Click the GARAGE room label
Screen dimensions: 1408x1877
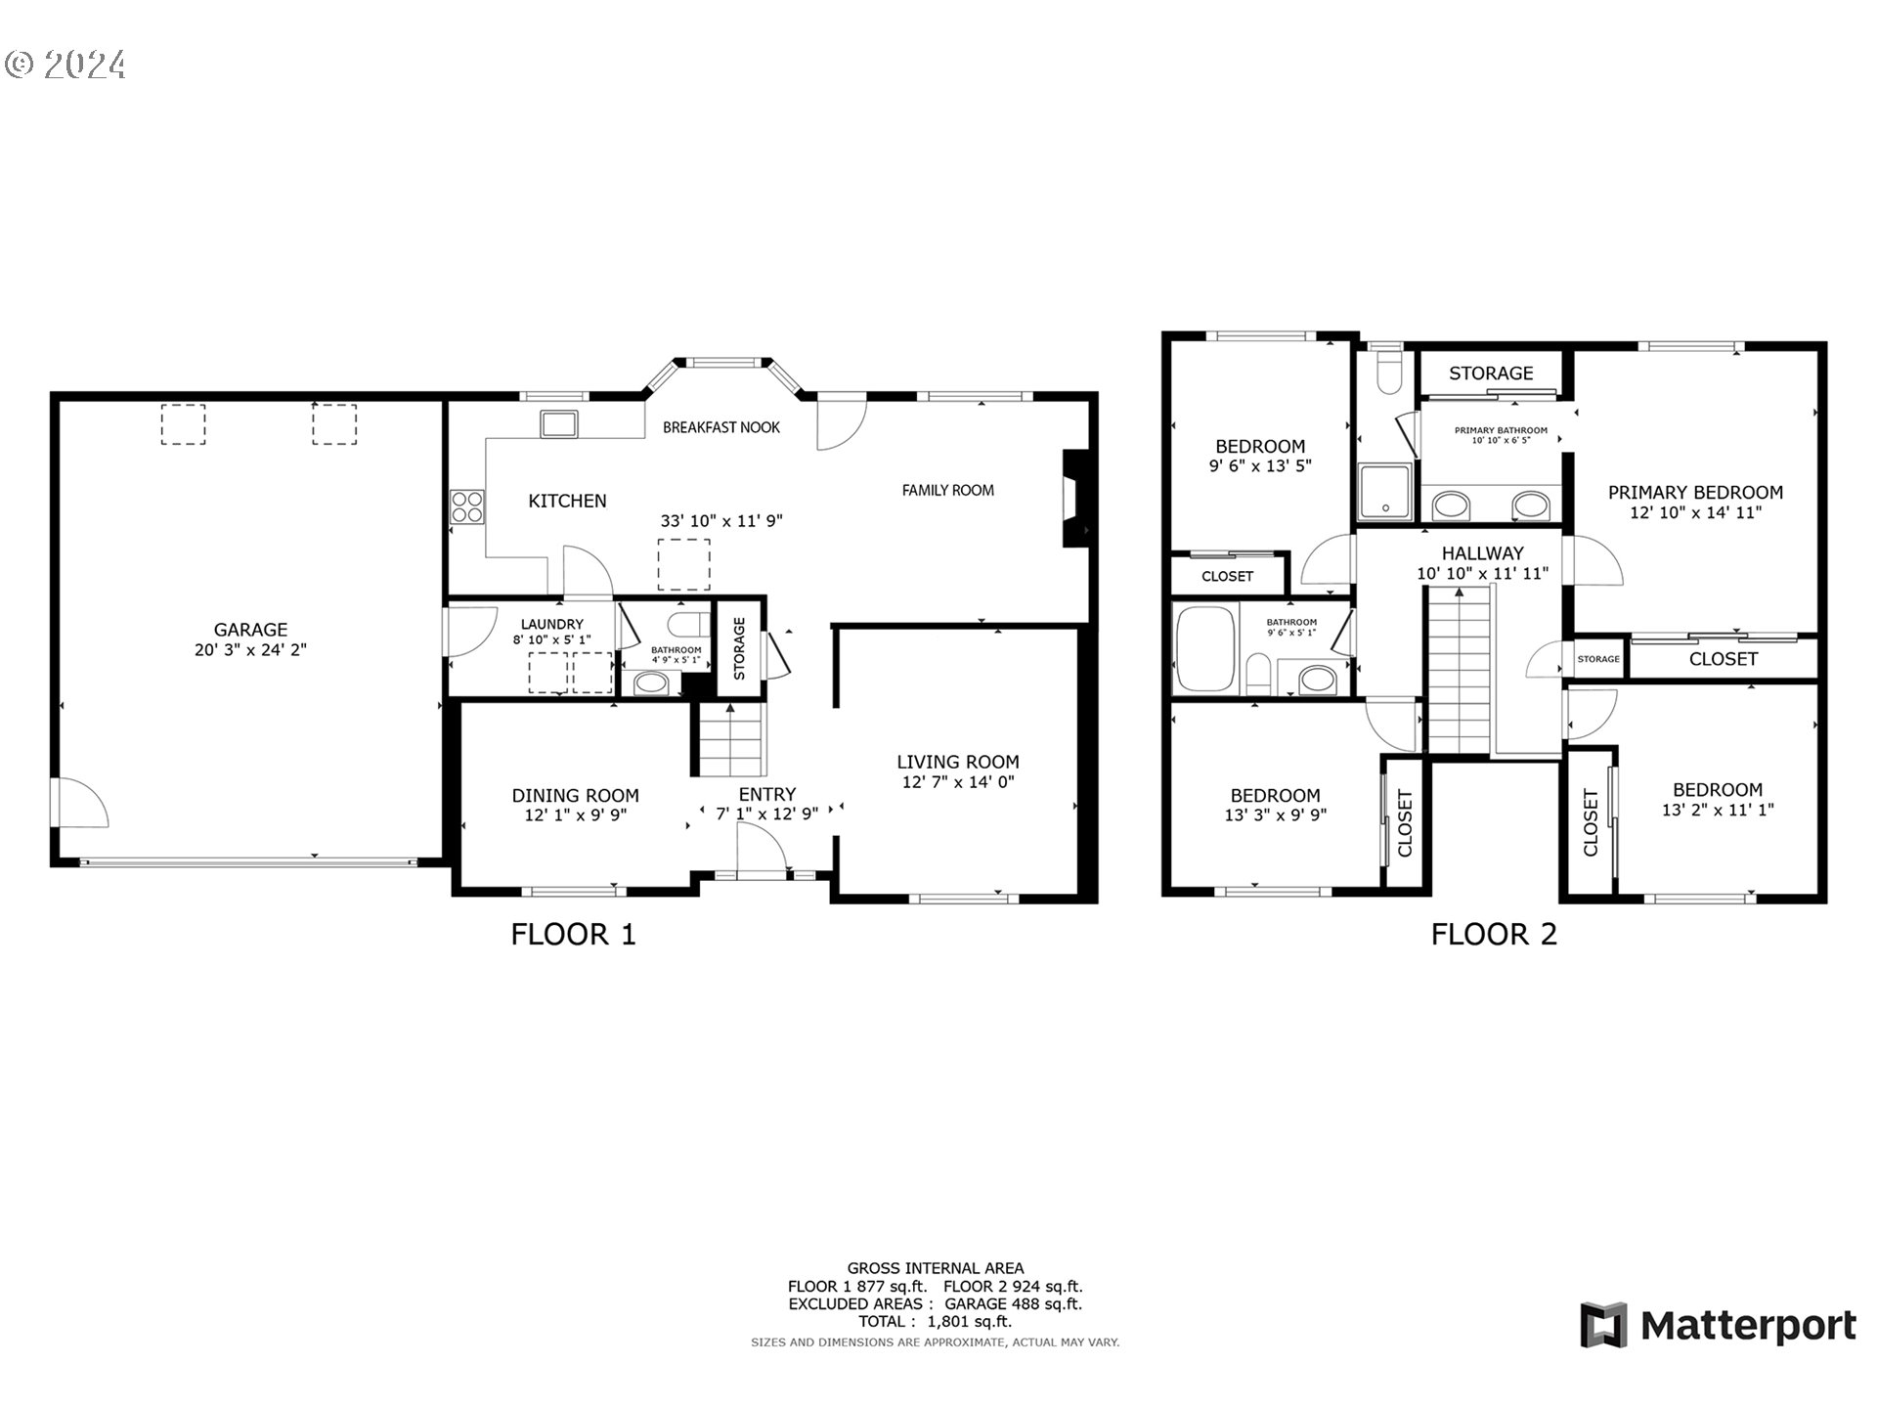click(250, 630)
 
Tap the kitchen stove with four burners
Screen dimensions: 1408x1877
click(467, 506)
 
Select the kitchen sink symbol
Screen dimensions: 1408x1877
click(559, 423)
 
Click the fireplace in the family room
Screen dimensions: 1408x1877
click(1075, 498)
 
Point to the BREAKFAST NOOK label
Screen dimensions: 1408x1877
click(720, 427)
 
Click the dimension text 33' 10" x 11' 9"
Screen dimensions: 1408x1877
click(721, 521)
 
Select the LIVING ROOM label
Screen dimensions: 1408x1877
click(957, 762)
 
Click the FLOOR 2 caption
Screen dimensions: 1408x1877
click(1493, 934)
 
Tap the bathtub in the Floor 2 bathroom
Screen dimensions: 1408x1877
click(1205, 649)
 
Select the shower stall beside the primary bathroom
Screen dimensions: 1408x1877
click(1384, 492)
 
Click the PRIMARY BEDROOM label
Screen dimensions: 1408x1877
click(1695, 493)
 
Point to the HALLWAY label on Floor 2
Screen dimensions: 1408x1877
click(1482, 553)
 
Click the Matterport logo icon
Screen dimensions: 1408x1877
click(1603, 1325)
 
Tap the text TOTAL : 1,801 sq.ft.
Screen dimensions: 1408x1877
click(935, 1321)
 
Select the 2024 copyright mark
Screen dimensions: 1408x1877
click(65, 65)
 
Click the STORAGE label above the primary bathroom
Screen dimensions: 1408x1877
click(1490, 374)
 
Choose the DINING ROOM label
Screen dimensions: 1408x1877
click(575, 796)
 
